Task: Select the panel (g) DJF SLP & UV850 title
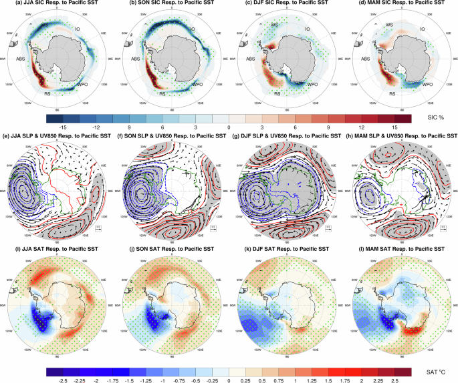click(x=287, y=135)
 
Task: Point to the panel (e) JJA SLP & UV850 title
click(x=57, y=135)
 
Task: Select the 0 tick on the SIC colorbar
click(x=229, y=126)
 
